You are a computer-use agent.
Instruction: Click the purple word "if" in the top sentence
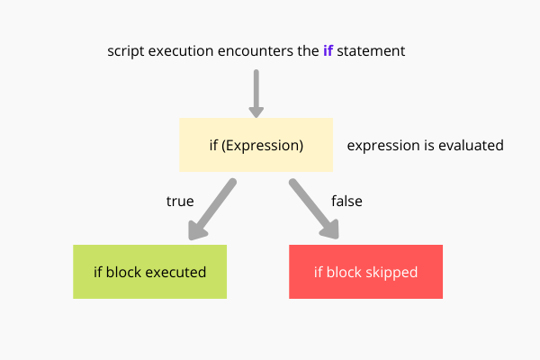[328, 51]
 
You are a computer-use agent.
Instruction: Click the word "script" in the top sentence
[127, 51]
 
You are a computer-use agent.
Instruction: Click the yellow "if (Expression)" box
[256, 145]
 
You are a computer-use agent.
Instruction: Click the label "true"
[180, 201]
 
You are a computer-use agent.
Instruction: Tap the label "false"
[346, 201]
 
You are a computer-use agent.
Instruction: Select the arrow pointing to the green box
[212, 209]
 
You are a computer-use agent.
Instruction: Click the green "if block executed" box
[149, 272]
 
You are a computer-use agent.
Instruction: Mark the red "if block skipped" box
[365, 272]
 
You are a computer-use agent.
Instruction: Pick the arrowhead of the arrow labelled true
[196, 231]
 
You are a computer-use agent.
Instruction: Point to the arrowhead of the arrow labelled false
[330, 231]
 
